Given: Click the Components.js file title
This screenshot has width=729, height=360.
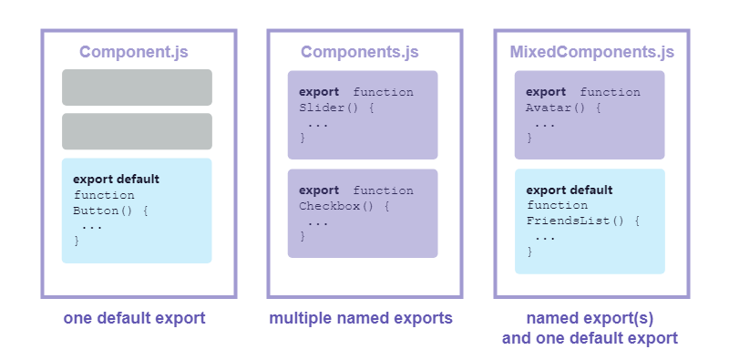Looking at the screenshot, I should pyautogui.click(x=362, y=52).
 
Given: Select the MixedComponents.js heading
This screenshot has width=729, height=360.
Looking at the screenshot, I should pyautogui.click(x=590, y=52).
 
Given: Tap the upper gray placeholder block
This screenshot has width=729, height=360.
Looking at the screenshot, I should pyautogui.click(x=137, y=87).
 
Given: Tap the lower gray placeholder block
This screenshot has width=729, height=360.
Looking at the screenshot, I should pyautogui.click(x=137, y=131).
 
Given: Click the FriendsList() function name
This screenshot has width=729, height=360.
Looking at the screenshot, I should pyautogui.click(x=574, y=221).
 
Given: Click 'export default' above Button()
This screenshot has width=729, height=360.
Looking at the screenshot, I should pyautogui.click(x=116, y=179).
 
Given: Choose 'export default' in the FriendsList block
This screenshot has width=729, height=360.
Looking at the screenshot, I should pyautogui.click(x=570, y=190).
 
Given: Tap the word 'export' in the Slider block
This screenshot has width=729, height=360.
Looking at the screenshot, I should pyautogui.click(x=319, y=91).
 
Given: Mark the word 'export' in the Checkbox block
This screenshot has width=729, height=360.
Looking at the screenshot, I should pyautogui.click(x=319, y=190).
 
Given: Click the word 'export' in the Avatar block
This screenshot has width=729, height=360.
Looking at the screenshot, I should pyautogui.click(x=546, y=91).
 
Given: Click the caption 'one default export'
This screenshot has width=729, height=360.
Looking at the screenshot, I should pyautogui.click(x=134, y=319).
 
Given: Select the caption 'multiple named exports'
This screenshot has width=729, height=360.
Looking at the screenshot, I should pyautogui.click(x=361, y=319).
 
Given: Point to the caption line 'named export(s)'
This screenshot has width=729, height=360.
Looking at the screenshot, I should pyautogui.click(x=590, y=319).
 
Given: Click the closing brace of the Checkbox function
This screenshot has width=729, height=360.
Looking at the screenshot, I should pyautogui.click(x=303, y=237).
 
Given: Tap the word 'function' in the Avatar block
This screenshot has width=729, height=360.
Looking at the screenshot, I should pyautogui.click(x=610, y=92).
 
